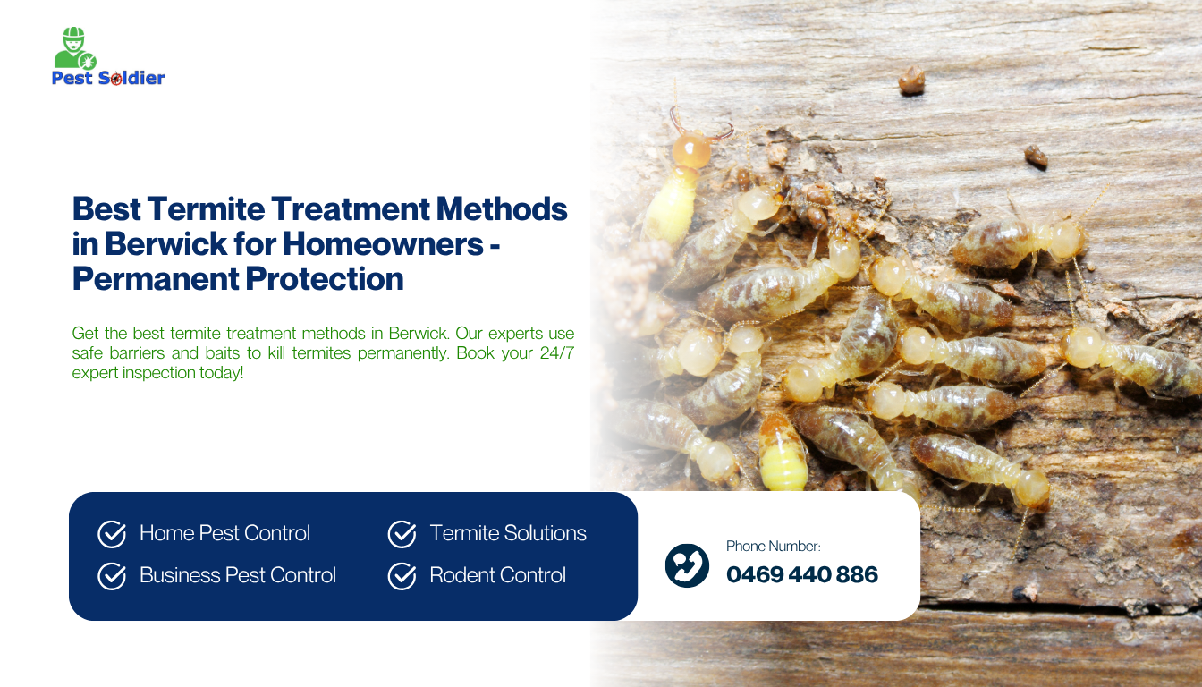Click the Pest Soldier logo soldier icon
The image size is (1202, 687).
[x=73, y=48]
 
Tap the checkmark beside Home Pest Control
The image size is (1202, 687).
[x=112, y=534]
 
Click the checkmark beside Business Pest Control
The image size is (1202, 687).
[x=112, y=576]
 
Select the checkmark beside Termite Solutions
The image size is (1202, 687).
[x=402, y=534]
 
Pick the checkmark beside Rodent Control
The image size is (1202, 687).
[x=402, y=576]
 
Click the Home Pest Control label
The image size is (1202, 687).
[x=224, y=533]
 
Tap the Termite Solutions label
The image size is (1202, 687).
[x=508, y=533]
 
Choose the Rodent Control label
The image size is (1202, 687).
[x=497, y=575]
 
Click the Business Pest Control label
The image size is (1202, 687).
[x=238, y=575]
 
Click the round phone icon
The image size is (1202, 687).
[x=687, y=565]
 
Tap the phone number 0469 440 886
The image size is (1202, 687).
[x=802, y=574]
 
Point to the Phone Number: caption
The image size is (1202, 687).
[x=773, y=546]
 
